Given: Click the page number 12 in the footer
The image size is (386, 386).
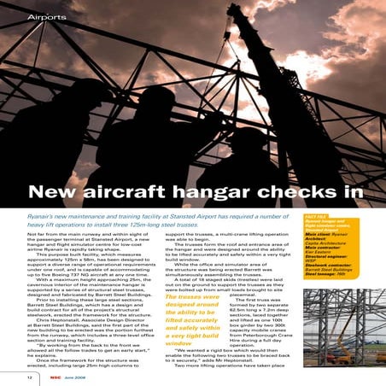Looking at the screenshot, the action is [x=30, y=376].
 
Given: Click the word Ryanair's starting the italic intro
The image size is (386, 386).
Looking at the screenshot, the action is [x=44, y=219].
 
